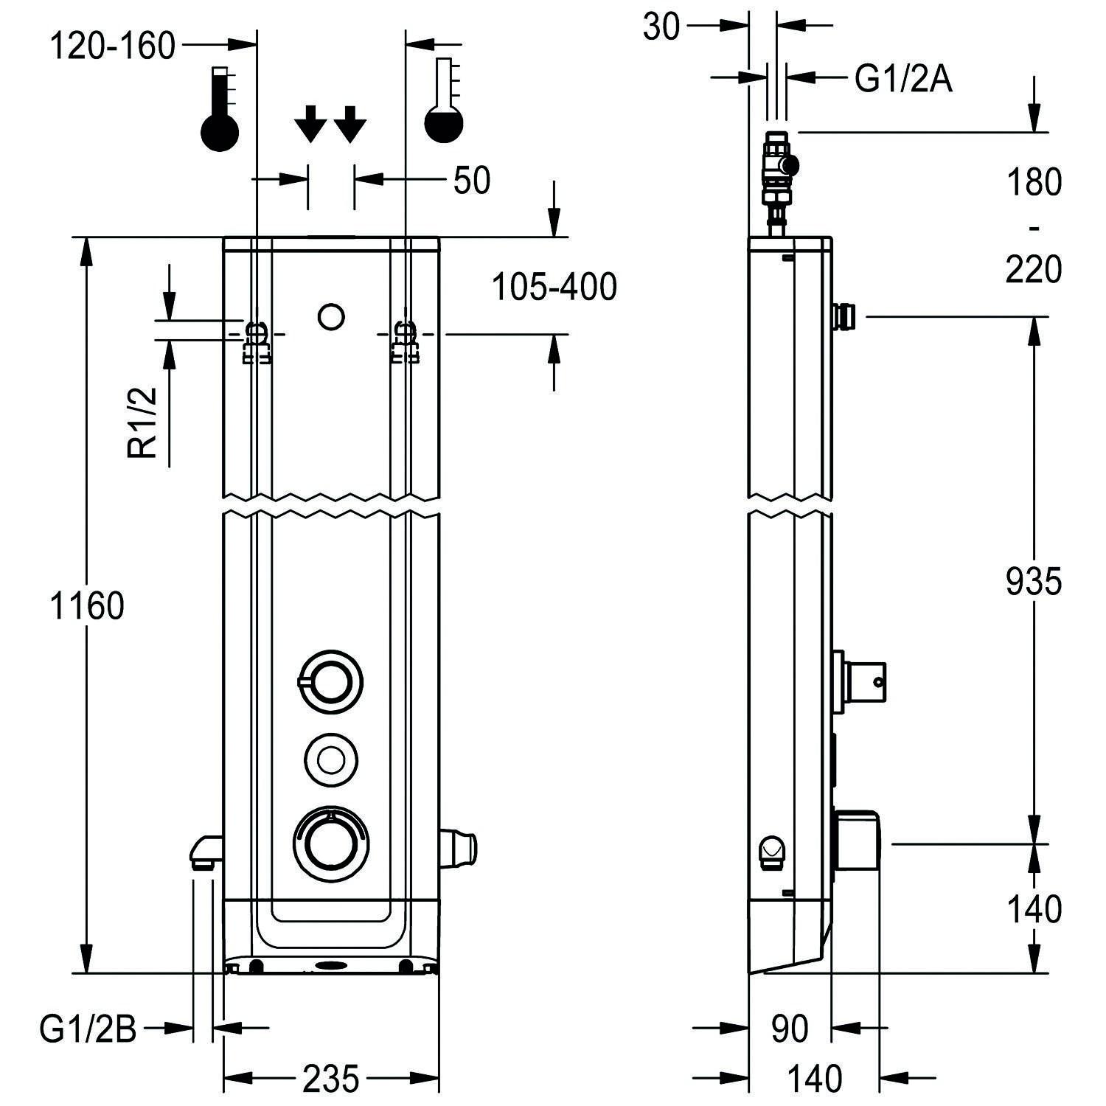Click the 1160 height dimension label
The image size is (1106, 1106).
point(87,606)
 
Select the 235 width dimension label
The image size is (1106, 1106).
point(330,1079)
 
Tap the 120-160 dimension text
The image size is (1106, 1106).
point(113,46)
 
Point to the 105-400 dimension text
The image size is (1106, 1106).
point(554,287)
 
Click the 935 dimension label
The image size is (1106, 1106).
point(1033,582)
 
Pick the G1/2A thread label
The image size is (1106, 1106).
point(903,79)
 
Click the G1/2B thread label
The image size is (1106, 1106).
point(88,1029)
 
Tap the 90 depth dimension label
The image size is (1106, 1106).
point(789,1029)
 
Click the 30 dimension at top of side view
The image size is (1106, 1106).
point(661,28)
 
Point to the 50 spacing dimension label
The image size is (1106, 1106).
point(472,181)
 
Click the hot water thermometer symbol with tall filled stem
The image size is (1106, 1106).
point(220,109)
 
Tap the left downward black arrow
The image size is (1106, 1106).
point(310,123)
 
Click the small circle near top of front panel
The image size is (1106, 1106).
point(331,316)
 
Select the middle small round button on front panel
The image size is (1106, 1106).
point(330,758)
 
